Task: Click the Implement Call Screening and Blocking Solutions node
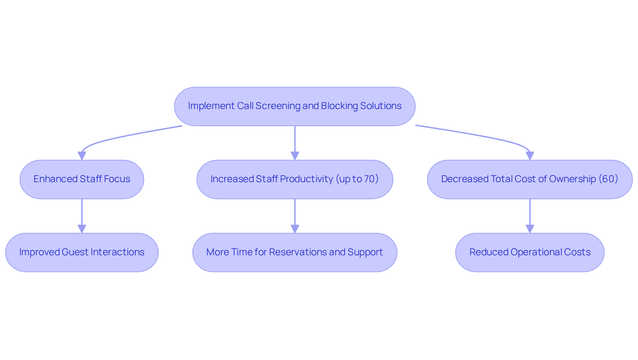coord(295,106)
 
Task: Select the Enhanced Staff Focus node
coord(82,179)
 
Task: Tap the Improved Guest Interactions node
coord(82,252)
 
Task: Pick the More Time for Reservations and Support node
coord(295,252)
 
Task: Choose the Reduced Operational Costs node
coord(530,252)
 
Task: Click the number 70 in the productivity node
coord(369,179)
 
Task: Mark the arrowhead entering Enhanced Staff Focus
coord(82,156)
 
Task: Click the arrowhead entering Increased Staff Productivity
coord(295,156)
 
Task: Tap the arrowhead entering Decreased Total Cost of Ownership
coord(530,156)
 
